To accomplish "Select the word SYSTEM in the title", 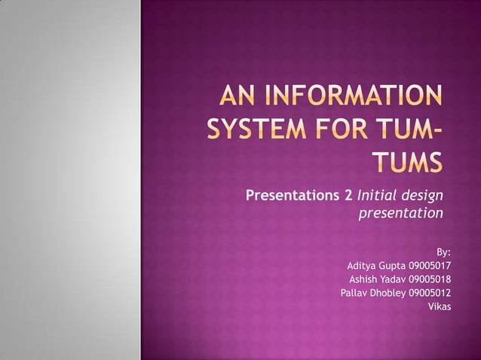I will coord(257,132).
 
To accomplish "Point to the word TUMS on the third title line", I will coord(408,163).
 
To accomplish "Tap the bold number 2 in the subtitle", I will coord(348,197).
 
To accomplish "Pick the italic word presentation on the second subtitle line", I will coord(400,215).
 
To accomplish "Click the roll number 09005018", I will coord(430,279).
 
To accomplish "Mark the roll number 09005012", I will coord(430,292).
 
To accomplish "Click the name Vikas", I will coord(440,306).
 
